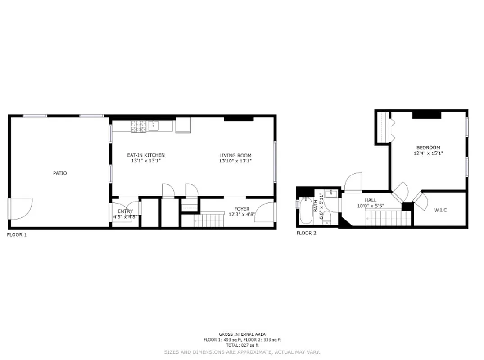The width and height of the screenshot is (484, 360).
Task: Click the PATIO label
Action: pyautogui.click(x=60, y=173)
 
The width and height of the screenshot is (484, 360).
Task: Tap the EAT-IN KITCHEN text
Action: pyautogui.click(x=145, y=155)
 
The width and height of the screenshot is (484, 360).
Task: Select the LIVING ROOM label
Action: pyautogui.click(x=235, y=155)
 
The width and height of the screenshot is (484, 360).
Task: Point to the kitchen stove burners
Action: pyautogui.click(x=137, y=126)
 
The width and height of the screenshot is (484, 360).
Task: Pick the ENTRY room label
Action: pyautogui.click(x=125, y=211)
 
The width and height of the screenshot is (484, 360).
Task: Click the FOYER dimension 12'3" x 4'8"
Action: pyautogui.click(x=242, y=215)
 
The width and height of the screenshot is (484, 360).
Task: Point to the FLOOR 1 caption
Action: pyautogui.click(x=17, y=234)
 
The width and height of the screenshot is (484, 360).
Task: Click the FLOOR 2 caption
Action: pyautogui.click(x=306, y=233)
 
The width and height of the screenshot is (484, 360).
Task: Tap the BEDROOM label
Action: pyautogui.click(x=428, y=148)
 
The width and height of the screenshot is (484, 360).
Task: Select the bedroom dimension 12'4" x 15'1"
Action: pyautogui.click(x=428, y=153)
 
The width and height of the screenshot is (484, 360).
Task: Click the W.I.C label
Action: pyautogui.click(x=440, y=210)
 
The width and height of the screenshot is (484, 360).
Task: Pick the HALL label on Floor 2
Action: pyautogui.click(x=371, y=200)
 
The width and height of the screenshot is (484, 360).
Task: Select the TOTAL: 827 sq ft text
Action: pyautogui.click(x=242, y=345)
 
